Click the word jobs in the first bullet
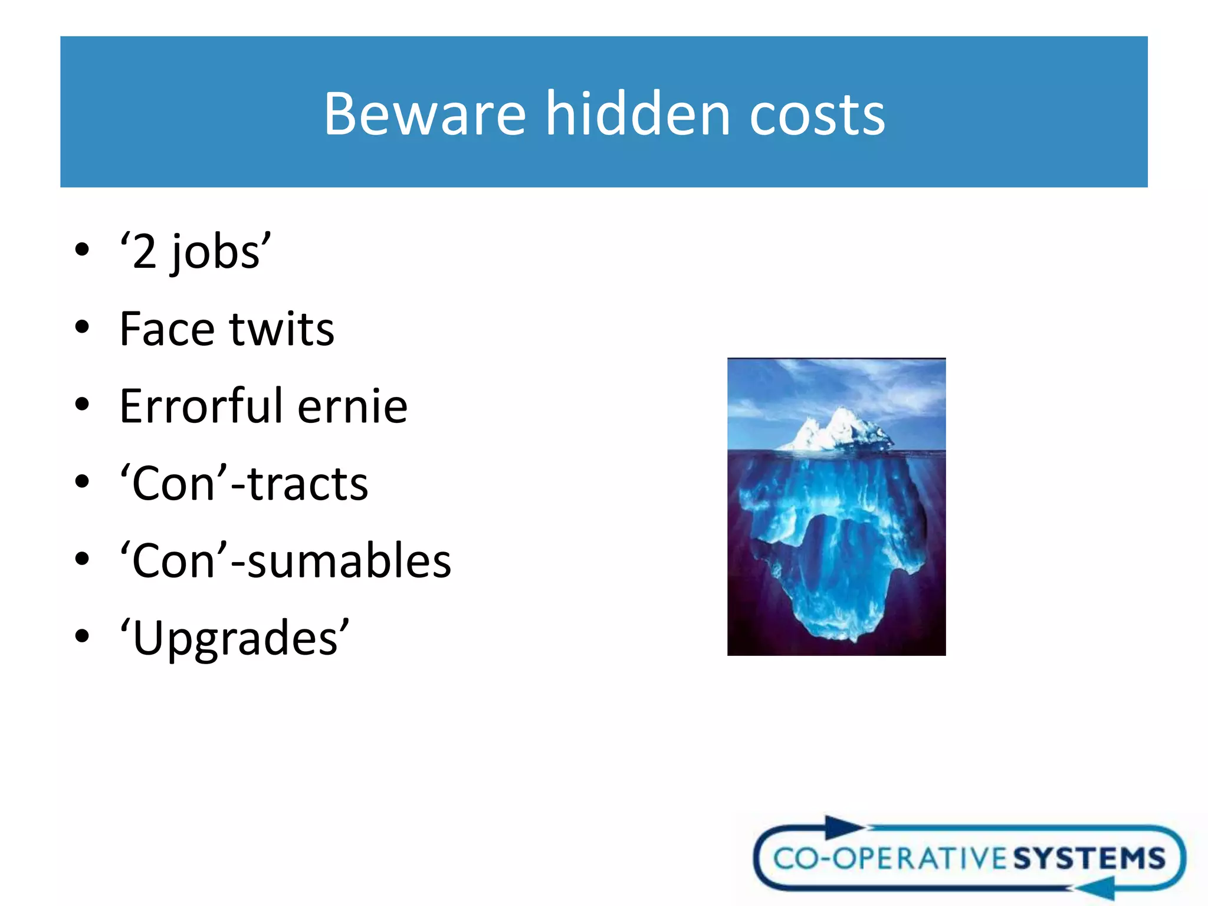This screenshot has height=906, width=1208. pyautogui.click(x=215, y=252)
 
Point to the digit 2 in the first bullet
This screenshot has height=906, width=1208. pyautogui.click(x=145, y=252)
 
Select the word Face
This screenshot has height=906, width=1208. pyautogui.click(x=166, y=329)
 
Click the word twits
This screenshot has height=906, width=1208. pyautogui.click(x=282, y=329)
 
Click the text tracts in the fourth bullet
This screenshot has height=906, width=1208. pyautogui.click(x=308, y=484)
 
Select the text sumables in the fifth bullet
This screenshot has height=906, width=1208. pyautogui.click(x=349, y=560)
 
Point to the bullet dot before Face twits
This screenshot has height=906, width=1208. pyautogui.click(x=82, y=327)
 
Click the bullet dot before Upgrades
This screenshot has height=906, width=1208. pyautogui.click(x=82, y=636)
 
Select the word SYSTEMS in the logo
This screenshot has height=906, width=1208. pyautogui.click(x=1089, y=858)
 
